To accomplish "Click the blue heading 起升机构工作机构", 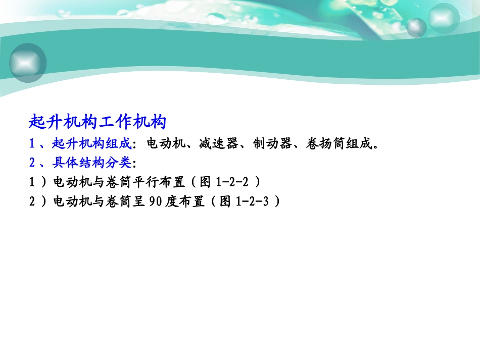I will (x=98, y=123).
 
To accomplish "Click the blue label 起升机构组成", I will (x=91, y=144).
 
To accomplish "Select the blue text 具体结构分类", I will (x=91, y=163).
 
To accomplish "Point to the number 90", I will (x=157, y=201).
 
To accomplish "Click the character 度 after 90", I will (x=174, y=201).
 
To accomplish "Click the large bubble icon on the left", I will (x=28, y=62).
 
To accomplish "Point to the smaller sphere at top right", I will (x=417, y=27).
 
